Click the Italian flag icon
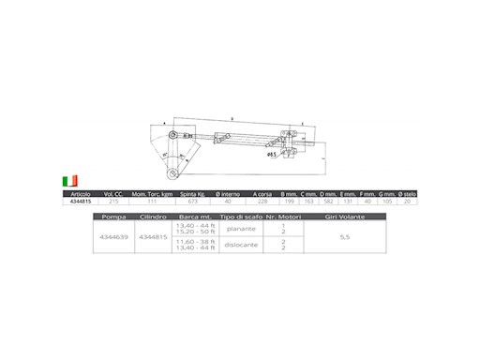[x=70, y=179]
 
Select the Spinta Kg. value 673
[x=193, y=201]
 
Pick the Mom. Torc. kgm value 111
[x=151, y=201]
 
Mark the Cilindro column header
[x=153, y=216]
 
